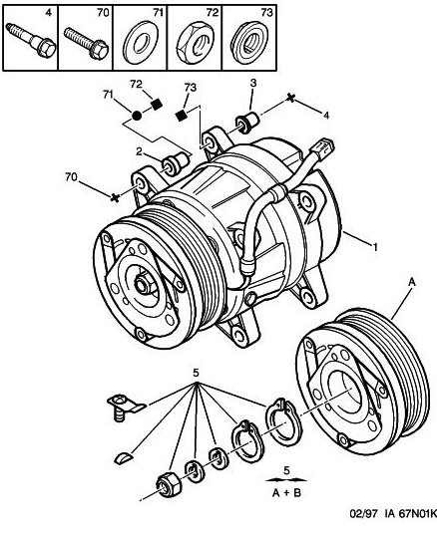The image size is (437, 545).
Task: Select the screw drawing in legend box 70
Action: [86, 43]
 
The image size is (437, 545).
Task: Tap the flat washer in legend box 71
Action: [141, 43]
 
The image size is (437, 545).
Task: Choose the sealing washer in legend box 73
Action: [249, 43]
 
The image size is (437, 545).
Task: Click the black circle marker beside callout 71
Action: [137, 116]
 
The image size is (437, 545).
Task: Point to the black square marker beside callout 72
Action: [157, 105]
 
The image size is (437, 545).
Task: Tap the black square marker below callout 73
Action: [181, 116]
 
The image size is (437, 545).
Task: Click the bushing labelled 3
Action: [247, 123]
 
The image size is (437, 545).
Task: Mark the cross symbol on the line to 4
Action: [290, 99]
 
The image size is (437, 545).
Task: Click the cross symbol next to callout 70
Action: [115, 197]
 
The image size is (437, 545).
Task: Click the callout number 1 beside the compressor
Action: [375, 247]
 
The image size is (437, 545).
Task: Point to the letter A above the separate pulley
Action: [412, 282]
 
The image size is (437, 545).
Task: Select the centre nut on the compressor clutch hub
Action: [142, 283]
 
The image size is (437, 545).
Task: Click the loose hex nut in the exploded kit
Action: [168, 485]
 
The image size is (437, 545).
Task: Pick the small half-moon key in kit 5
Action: [124, 457]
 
